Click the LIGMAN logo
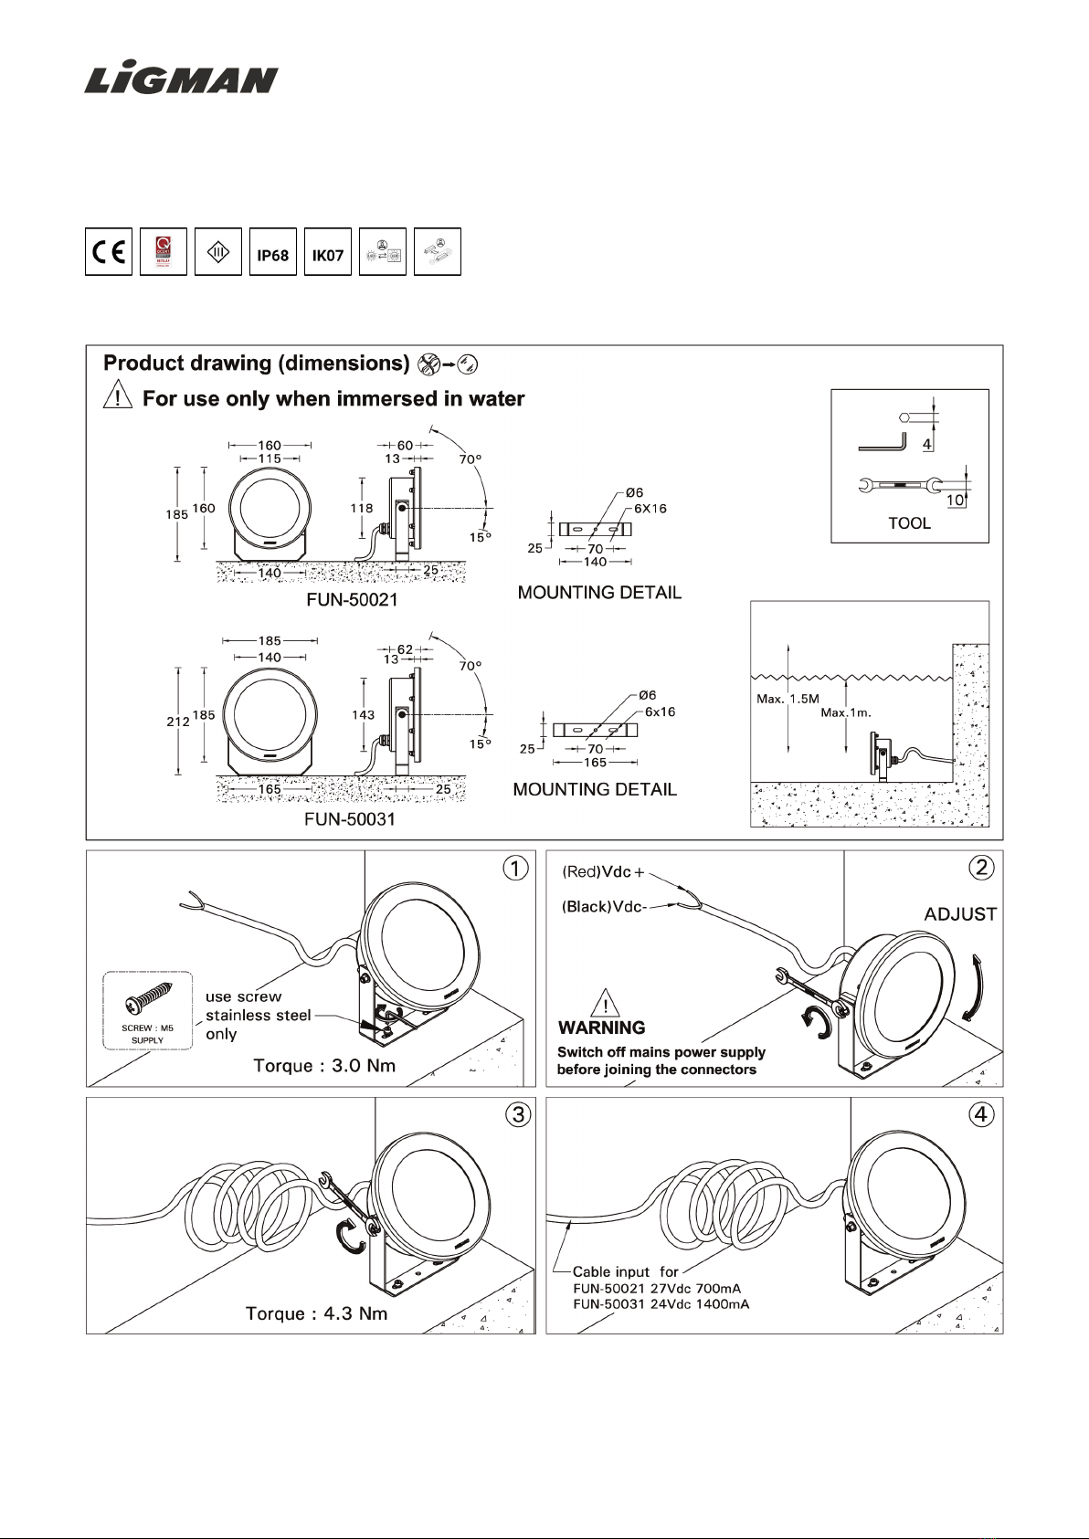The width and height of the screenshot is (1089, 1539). [x=181, y=79]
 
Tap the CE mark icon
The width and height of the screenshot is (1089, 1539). [x=109, y=252]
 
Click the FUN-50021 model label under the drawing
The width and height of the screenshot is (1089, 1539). [x=352, y=600]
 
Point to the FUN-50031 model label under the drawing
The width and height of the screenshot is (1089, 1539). [x=350, y=819]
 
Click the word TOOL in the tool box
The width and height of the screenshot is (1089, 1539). [x=909, y=523]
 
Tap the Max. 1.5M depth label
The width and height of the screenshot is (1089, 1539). [x=788, y=699]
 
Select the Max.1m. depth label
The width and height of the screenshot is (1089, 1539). [x=846, y=712]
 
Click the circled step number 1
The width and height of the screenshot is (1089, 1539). [x=516, y=868]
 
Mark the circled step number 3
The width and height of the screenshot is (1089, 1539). [x=518, y=1114]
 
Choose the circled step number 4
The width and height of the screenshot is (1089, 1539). [x=981, y=1114]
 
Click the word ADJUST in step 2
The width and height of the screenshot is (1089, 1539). [x=960, y=914]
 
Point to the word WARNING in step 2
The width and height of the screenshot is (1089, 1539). [x=601, y=1028]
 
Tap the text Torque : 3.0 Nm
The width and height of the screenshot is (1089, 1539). [x=324, y=1066]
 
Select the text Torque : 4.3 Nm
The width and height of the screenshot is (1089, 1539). [x=316, y=1313]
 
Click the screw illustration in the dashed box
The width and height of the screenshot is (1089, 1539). [x=148, y=999]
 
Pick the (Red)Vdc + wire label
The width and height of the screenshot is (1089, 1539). [x=603, y=872]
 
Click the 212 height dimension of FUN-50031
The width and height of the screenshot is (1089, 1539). [x=177, y=722]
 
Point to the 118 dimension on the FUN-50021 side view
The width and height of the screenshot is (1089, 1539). [x=362, y=508]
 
